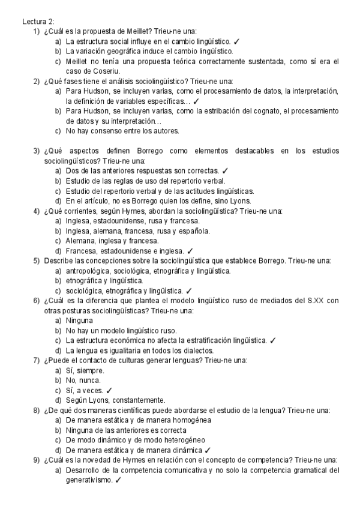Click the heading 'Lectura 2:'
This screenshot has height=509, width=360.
pyautogui.click(x=38, y=22)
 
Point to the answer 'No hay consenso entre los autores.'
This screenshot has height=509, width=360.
pyautogui.click(x=122, y=130)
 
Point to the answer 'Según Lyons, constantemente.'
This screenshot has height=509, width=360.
pyautogui.click(x=116, y=400)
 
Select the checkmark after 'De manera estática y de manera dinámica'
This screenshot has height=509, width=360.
pyautogui.click(x=207, y=450)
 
